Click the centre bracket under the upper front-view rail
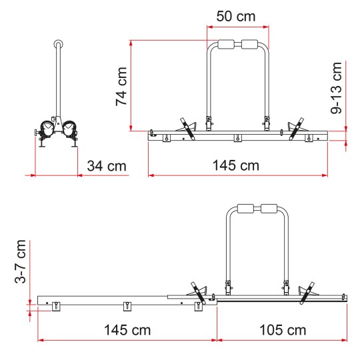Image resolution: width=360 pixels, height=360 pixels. point(237,138)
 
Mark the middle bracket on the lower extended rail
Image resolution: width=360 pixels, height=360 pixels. point(125,305)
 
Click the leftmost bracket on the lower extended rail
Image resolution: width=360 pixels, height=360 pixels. point(56,305)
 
